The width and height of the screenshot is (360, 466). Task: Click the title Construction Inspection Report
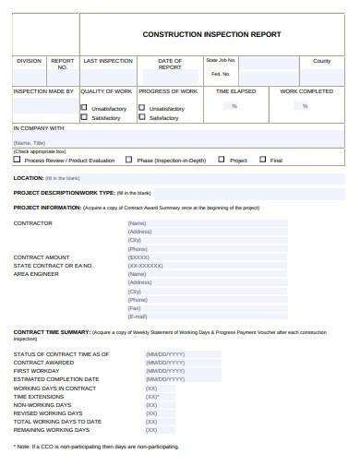click(x=211, y=34)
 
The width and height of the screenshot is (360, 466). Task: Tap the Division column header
click(x=29, y=61)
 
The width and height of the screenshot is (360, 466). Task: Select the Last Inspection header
click(x=108, y=61)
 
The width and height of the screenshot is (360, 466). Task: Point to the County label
click(x=321, y=61)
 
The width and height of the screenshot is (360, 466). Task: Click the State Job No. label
click(x=221, y=60)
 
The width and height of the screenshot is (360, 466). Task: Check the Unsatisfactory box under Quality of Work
click(x=85, y=107)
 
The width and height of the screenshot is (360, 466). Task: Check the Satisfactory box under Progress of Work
click(x=142, y=117)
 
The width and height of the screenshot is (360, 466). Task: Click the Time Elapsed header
click(x=235, y=91)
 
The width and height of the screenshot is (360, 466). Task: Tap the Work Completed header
click(x=306, y=91)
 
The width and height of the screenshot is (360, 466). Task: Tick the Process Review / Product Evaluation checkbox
click(x=17, y=159)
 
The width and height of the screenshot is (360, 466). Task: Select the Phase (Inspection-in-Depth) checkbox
click(x=129, y=159)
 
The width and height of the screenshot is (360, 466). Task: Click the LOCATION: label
click(x=29, y=177)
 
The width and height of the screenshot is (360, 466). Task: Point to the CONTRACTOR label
click(x=32, y=223)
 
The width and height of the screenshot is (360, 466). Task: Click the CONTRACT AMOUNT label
click(x=42, y=257)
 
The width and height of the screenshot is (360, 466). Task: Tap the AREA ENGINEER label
click(x=37, y=274)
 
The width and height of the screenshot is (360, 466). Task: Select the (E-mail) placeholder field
click(x=138, y=317)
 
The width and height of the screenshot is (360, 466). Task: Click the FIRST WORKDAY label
click(x=38, y=371)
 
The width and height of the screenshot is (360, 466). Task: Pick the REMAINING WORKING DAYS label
click(x=52, y=430)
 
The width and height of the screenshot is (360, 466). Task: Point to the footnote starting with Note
click(x=96, y=447)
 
